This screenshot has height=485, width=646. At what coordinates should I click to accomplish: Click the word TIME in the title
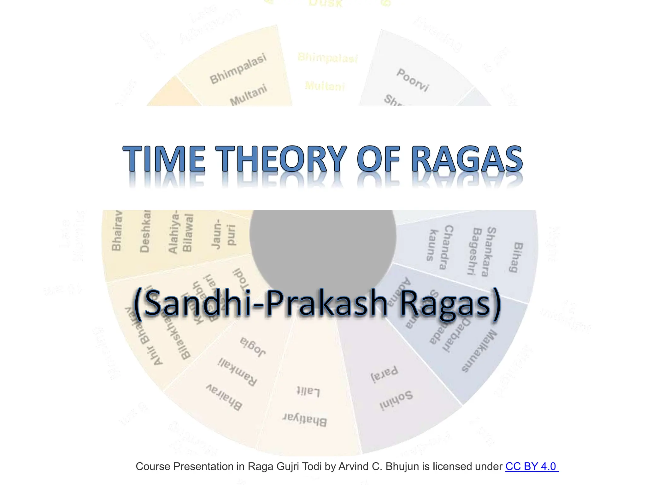164,159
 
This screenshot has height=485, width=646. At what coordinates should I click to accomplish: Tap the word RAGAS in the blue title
467,159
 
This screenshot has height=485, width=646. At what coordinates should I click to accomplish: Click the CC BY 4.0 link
531,466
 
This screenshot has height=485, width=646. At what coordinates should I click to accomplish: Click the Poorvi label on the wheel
413,80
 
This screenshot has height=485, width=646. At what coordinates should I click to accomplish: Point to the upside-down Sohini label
396,401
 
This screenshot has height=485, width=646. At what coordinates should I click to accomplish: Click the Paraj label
384,374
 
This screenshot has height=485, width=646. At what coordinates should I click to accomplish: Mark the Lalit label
308,392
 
